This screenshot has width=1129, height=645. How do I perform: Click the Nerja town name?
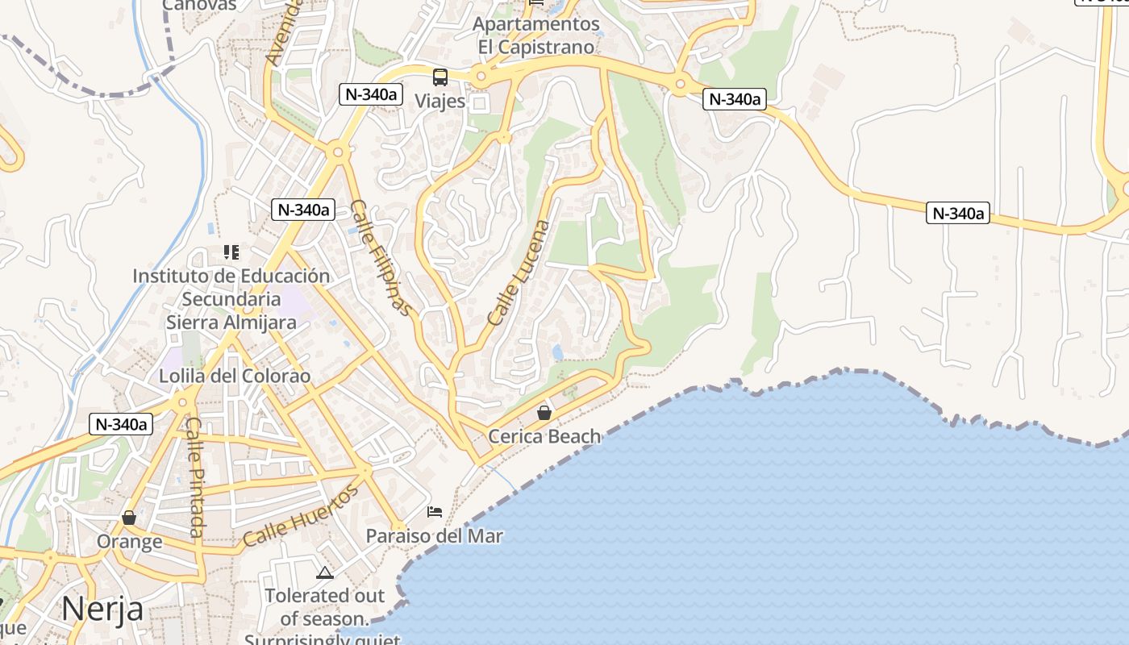102,608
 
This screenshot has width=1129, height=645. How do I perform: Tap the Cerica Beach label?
545,436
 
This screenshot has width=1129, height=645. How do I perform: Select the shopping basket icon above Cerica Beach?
544,413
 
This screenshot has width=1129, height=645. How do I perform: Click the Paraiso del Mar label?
435,536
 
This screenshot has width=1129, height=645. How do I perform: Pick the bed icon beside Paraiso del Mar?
435,511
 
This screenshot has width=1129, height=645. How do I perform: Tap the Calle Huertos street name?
300,517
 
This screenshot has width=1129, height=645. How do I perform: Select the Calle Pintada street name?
194,476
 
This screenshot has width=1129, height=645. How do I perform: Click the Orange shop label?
129,541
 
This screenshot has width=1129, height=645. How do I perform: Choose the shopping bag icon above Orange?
129,517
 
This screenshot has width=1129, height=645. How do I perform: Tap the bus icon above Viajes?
440,77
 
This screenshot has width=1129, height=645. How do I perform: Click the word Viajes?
440,101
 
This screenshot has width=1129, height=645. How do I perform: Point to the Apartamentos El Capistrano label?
536,35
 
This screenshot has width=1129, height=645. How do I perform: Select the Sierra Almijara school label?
231,299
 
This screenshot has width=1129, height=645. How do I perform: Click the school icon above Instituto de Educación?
231,252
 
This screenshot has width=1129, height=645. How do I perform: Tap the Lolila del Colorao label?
235,376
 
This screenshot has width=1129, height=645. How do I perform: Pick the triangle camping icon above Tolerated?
325,573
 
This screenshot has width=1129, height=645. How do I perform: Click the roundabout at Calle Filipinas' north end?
338,150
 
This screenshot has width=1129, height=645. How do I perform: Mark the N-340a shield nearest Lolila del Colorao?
121,424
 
